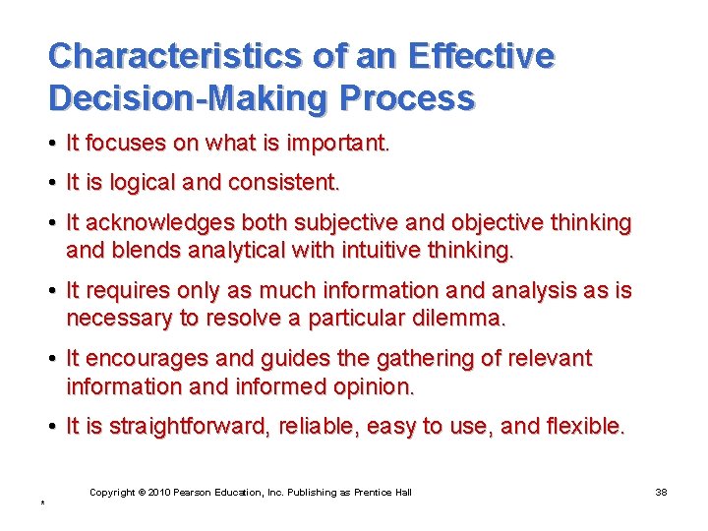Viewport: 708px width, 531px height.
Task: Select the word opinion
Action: [371, 386]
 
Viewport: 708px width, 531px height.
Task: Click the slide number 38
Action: [661, 493]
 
